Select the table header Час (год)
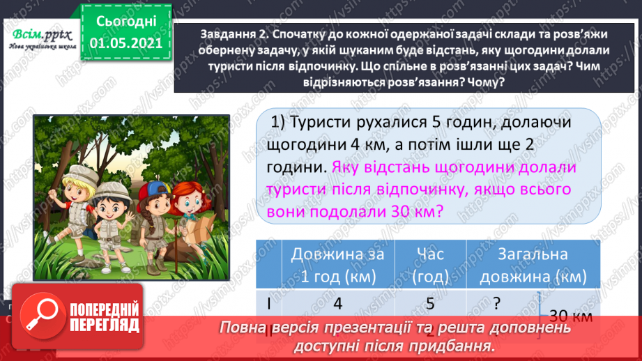click(x=430, y=265)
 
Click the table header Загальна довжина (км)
click(x=533, y=265)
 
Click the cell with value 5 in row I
click(x=430, y=304)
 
